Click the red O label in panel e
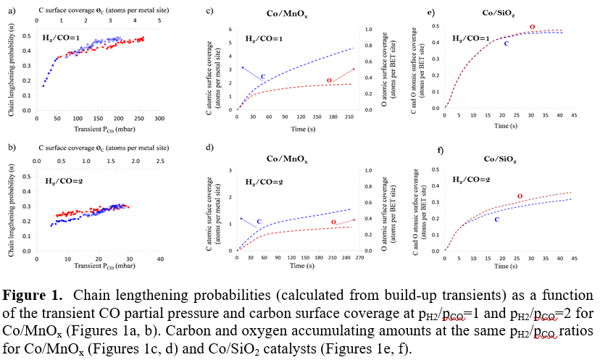pos(533,27)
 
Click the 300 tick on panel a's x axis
pos(160,117)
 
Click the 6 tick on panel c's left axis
pos(230,30)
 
